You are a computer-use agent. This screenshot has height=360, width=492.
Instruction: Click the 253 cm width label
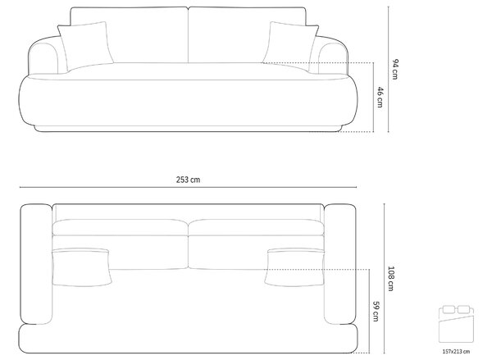pyautogui.click(x=188, y=180)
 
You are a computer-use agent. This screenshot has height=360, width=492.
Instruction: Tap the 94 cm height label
pyautogui.click(x=395, y=69)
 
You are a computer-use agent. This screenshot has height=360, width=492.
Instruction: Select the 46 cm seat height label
pyautogui.click(x=380, y=98)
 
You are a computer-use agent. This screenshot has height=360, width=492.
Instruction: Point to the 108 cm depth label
pyautogui.click(x=391, y=278)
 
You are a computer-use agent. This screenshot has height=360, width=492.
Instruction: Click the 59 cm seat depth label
pyautogui.click(x=376, y=312)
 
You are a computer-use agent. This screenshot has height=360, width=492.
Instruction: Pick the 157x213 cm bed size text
pyautogui.click(x=456, y=352)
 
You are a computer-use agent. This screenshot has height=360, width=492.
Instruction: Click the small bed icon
pyautogui.click(x=456, y=323)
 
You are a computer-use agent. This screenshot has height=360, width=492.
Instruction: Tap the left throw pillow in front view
pyautogui.click(x=85, y=46)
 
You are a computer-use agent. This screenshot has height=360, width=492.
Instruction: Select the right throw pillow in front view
pyautogui.click(x=291, y=46)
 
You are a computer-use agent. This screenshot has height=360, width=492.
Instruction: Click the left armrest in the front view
pyautogui.click(x=44, y=56)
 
